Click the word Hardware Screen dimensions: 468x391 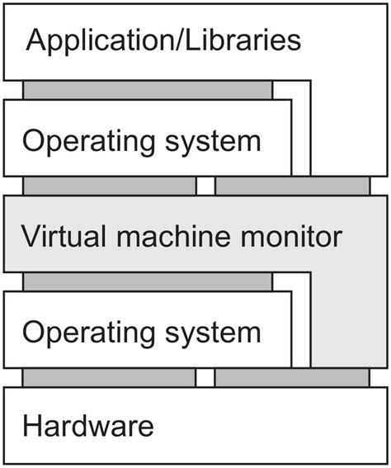click(x=88, y=427)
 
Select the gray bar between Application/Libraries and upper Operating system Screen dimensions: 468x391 click(x=148, y=90)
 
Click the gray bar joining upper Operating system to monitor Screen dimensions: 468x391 click(x=110, y=187)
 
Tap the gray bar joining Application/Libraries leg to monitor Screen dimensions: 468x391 click(x=292, y=187)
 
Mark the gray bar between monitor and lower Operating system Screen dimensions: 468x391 click(x=148, y=282)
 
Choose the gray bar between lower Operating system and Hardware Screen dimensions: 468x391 click(x=110, y=377)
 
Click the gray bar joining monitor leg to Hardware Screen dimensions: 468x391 click(x=292, y=377)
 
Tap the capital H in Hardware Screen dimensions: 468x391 click(x=32, y=427)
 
